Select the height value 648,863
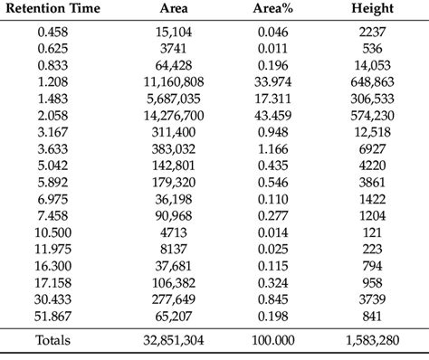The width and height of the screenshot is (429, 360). [373, 81]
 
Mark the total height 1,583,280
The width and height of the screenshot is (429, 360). [373, 340]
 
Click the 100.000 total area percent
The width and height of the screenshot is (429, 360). [273, 340]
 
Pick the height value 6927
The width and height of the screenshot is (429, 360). [373, 148]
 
